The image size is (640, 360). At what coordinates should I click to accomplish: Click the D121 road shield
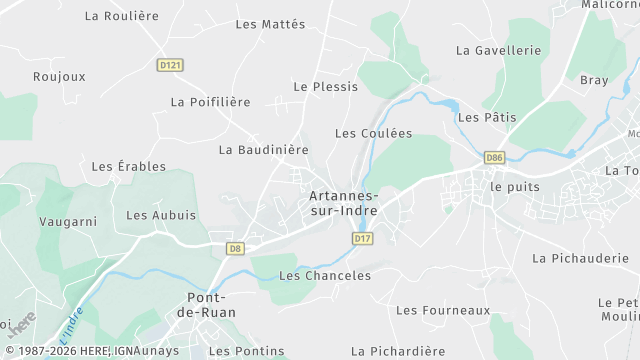[171, 65]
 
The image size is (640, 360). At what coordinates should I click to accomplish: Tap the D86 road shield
[494, 158]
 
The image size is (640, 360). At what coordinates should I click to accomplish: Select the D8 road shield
[235, 248]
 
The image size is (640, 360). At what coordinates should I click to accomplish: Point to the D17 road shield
[362, 239]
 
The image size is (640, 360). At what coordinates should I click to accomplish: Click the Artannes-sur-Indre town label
[343, 204]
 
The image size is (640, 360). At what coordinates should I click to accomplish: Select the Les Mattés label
[270, 24]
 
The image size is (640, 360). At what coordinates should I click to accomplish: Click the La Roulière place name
[122, 16]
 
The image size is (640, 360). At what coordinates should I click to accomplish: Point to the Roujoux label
[59, 76]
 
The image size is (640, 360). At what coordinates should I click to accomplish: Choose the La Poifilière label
[210, 102]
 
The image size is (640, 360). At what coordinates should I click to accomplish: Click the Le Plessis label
[325, 87]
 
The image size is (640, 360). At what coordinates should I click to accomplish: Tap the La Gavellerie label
[498, 50]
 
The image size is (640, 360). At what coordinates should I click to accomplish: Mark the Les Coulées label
[373, 133]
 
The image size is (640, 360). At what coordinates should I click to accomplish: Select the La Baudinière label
[263, 150]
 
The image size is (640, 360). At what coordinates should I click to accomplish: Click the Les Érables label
[129, 167]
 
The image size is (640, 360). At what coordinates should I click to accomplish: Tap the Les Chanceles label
[325, 276]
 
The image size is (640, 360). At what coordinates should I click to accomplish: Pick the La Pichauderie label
[579, 258]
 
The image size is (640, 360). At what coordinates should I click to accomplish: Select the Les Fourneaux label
[443, 311]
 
